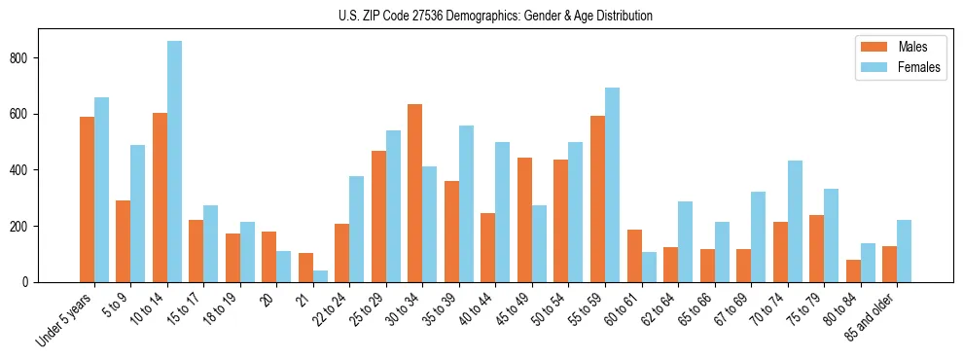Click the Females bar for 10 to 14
[x=174, y=162]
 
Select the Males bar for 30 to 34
[x=415, y=193]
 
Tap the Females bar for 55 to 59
[x=612, y=185]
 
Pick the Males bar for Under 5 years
[x=87, y=199]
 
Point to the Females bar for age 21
[x=320, y=276]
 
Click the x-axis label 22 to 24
[x=327, y=310]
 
